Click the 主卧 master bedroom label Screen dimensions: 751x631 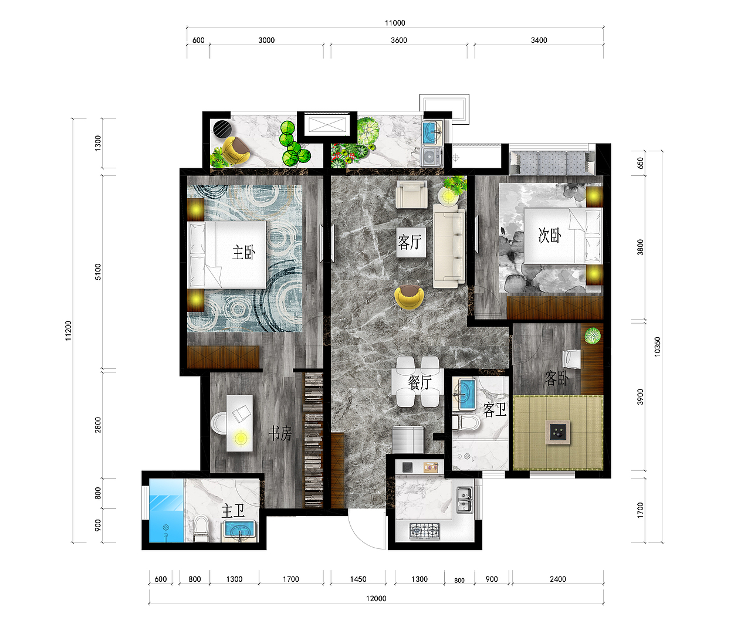tap(244, 252)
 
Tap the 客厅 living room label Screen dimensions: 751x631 tap(410, 242)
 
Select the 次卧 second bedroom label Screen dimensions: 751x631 tap(550, 236)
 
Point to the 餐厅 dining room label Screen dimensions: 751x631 tap(420, 382)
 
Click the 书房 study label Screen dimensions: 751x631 tap(280, 433)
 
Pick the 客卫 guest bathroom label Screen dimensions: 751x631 tap(495, 409)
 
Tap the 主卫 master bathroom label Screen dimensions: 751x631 tap(233, 511)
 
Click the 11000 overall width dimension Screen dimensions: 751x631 tap(395, 23)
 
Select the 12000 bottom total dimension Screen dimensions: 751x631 tap(376, 598)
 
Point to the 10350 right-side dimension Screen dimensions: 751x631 tap(657, 347)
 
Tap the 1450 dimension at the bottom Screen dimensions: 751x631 tap(358, 579)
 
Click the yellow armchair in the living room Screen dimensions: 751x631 tap(409, 297)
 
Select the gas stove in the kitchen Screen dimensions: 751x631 tap(425, 531)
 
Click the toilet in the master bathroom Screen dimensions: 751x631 tap(201, 528)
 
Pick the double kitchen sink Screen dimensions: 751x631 tap(465, 500)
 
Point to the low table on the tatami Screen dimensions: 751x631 tap(557, 432)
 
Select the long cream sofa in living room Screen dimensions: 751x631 tap(448, 246)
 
